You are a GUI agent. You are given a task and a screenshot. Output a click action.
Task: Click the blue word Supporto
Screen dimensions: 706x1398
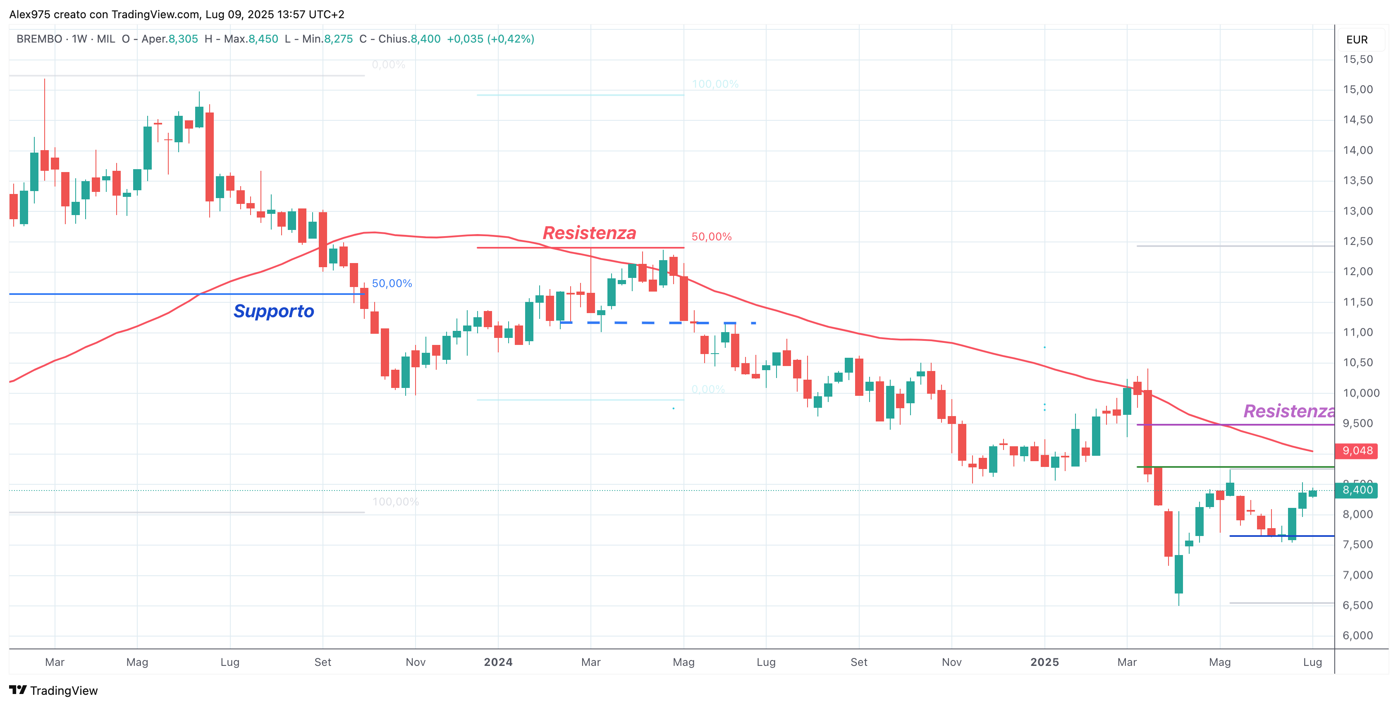pyautogui.click(x=274, y=311)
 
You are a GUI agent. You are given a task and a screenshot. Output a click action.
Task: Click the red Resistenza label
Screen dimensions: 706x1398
pyautogui.click(x=589, y=233)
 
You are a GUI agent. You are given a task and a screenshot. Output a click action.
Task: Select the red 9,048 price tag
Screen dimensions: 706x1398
pyautogui.click(x=1356, y=451)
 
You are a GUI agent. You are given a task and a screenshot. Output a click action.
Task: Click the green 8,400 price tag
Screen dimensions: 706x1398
pyautogui.click(x=1356, y=490)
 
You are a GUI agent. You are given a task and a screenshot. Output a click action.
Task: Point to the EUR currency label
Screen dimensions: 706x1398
pyautogui.click(x=1356, y=40)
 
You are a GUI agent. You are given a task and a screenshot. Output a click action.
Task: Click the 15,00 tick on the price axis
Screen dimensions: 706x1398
pyautogui.click(x=1357, y=89)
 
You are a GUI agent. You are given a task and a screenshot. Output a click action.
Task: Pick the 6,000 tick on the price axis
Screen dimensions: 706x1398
pyautogui.click(x=1357, y=635)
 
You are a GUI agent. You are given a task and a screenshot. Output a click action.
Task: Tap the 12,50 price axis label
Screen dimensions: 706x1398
pyautogui.click(x=1357, y=242)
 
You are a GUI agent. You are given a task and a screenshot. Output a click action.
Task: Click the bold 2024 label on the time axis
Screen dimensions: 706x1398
pyautogui.click(x=498, y=662)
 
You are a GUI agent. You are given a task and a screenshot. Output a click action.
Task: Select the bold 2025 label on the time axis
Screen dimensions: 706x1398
pyautogui.click(x=1044, y=662)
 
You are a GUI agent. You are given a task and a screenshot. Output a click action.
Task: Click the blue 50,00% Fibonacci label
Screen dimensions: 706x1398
pyautogui.click(x=392, y=284)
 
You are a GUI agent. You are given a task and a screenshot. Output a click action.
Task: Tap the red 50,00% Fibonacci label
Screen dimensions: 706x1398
pyautogui.click(x=711, y=237)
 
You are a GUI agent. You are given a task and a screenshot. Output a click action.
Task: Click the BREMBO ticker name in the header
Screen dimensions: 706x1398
pyautogui.click(x=39, y=39)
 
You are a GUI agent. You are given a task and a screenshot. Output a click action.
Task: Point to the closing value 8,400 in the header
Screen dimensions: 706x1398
pyautogui.click(x=425, y=39)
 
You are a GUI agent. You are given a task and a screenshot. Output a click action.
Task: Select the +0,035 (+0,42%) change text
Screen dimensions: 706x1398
pyautogui.click(x=490, y=39)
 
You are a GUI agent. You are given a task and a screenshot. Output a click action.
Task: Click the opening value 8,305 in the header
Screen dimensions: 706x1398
pyautogui.click(x=183, y=39)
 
